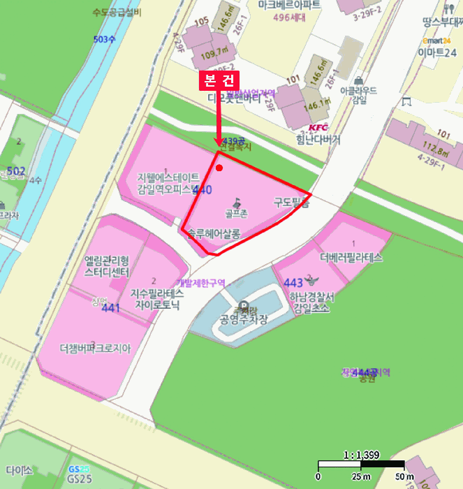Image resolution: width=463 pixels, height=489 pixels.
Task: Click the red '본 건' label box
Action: pyautogui.click(x=219, y=80)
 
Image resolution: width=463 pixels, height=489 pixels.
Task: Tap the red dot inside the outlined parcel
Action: pyautogui.click(x=220, y=168)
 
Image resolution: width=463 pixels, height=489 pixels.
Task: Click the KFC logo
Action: pyautogui.click(x=318, y=128)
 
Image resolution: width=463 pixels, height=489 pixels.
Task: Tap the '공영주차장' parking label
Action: pyautogui.click(x=244, y=321)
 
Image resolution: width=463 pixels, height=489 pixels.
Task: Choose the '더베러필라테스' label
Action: pyautogui.click(x=351, y=257)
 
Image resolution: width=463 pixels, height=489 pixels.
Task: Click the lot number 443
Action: pyautogui.click(x=294, y=282)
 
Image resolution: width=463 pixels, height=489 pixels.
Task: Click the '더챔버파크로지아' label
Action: pyautogui.click(x=95, y=347)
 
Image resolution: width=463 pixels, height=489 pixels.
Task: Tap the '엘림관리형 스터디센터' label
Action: pyautogui.click(x=107, y=266)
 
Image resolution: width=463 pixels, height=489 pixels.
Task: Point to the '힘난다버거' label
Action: pyautogui.click(x=318, y=139)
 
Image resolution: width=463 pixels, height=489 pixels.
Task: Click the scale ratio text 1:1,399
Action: pyautogui.click(x=362, y=455)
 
